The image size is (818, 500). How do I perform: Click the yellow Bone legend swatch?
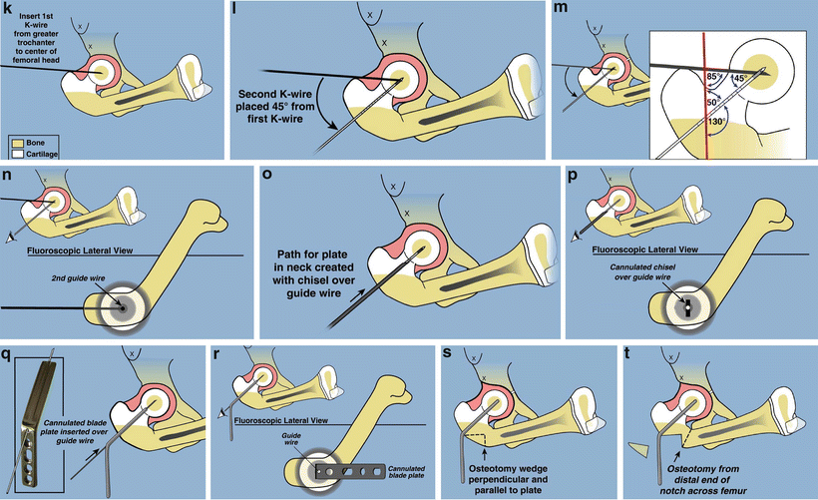click(17, 144)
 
